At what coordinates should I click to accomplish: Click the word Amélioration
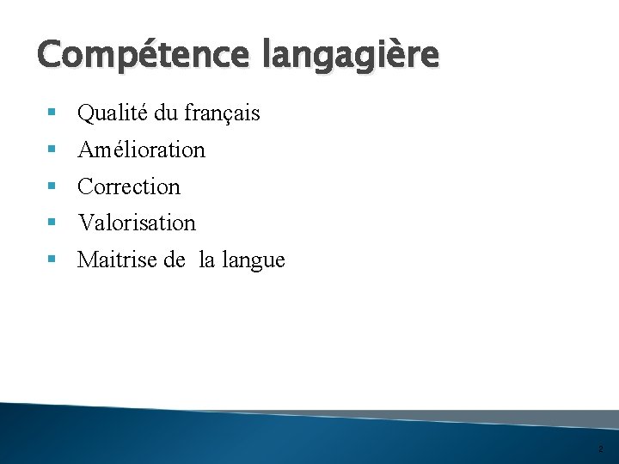(141, 150)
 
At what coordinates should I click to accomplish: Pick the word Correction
(129, 186)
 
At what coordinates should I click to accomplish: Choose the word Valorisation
(137, 223)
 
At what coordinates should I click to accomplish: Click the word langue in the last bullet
(255, 260)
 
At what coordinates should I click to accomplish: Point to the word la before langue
(207, 259)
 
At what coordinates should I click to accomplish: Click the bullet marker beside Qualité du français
(54, 113)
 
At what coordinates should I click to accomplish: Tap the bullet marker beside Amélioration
(54, 150)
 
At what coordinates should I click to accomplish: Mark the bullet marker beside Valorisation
(54, 223)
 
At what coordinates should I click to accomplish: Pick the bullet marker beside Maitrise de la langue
(54, 260)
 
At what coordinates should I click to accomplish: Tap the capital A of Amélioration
(86, 150)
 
